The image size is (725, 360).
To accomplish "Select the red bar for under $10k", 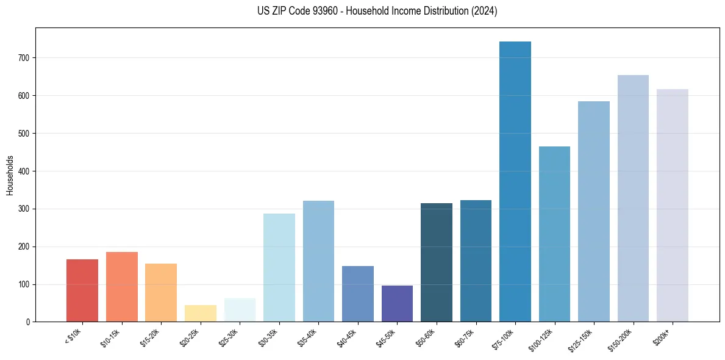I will [x=82, y=290].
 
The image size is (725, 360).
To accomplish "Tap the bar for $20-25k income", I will [x=200, y=313].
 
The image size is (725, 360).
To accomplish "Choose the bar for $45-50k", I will [x=397, y=303].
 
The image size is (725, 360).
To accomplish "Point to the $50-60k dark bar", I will [x=437, y=262].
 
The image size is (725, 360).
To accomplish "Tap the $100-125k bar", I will [x=554, y=234].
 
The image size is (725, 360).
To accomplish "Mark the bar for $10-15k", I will [x=121, y=287].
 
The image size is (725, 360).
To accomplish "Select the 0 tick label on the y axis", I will [x=28, y=322].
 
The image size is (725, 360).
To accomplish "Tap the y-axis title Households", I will [x=10, y=175].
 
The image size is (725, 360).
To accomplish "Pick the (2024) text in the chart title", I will [x=484, y=11].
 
